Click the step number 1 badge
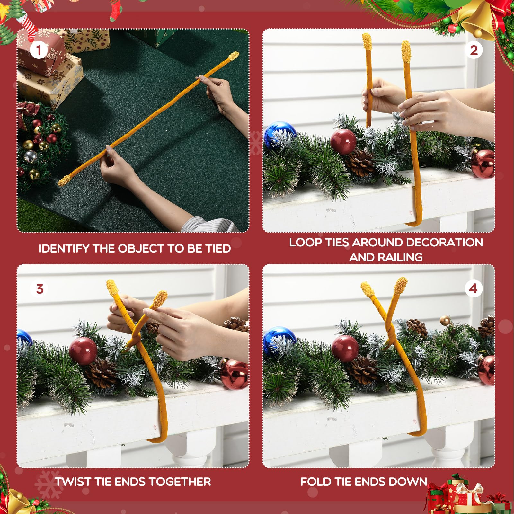39,50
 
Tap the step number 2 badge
474,50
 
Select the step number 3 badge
40,288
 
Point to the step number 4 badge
473,288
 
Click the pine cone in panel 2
360,161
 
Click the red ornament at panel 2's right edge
483,164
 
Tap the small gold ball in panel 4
445,320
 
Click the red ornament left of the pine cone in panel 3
83,351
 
